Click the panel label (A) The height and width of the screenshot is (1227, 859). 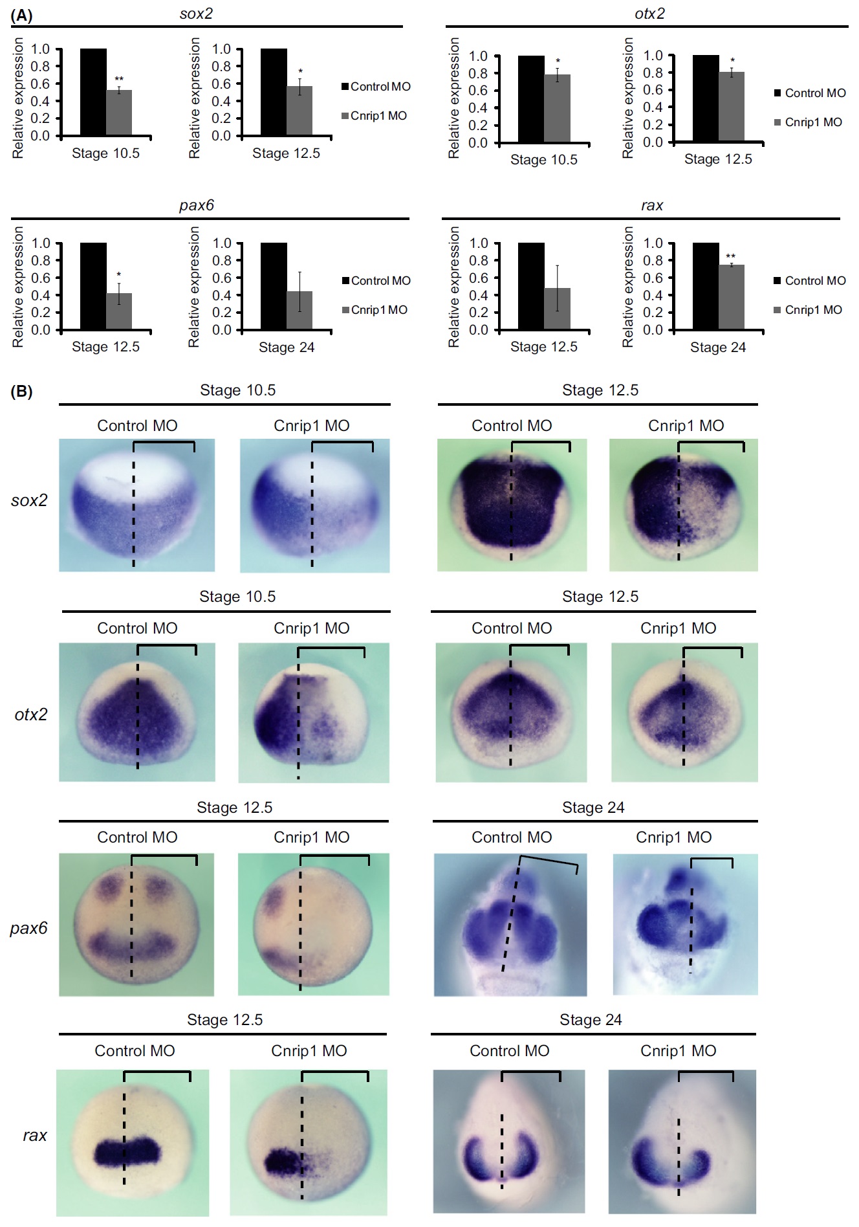[21, 16]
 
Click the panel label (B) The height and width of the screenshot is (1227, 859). [21, 392]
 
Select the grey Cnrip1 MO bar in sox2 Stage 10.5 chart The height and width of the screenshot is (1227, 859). [119, 113]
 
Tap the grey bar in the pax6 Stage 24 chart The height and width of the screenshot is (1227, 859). [299, 310]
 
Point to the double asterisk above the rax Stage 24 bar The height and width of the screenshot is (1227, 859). [731, 257]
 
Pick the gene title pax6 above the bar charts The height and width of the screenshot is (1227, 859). [197, 205]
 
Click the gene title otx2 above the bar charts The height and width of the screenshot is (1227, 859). [649, 14]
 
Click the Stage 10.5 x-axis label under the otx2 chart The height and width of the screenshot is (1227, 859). [543, 160]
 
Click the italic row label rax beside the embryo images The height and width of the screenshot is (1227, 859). [35, 1135]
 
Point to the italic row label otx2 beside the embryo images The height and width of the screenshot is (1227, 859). [31, 714]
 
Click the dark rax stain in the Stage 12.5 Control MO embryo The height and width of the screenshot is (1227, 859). [127, 1152]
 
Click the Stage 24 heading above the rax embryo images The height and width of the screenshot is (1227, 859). [590, 1020]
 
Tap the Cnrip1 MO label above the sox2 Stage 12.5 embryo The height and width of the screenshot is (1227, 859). [686, 426]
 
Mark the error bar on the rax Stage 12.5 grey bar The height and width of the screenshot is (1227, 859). [557, 288]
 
